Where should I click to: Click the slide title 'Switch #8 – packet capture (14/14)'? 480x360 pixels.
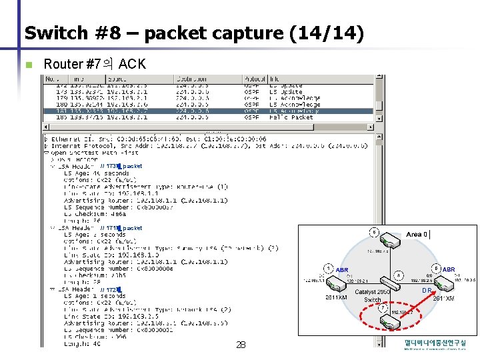(194, 33)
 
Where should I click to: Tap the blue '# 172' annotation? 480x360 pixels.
(109, 290)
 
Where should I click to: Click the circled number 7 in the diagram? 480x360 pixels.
(381, 308)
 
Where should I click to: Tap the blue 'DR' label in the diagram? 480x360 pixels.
(425, 291)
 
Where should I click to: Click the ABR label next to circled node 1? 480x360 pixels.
(342, 270)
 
